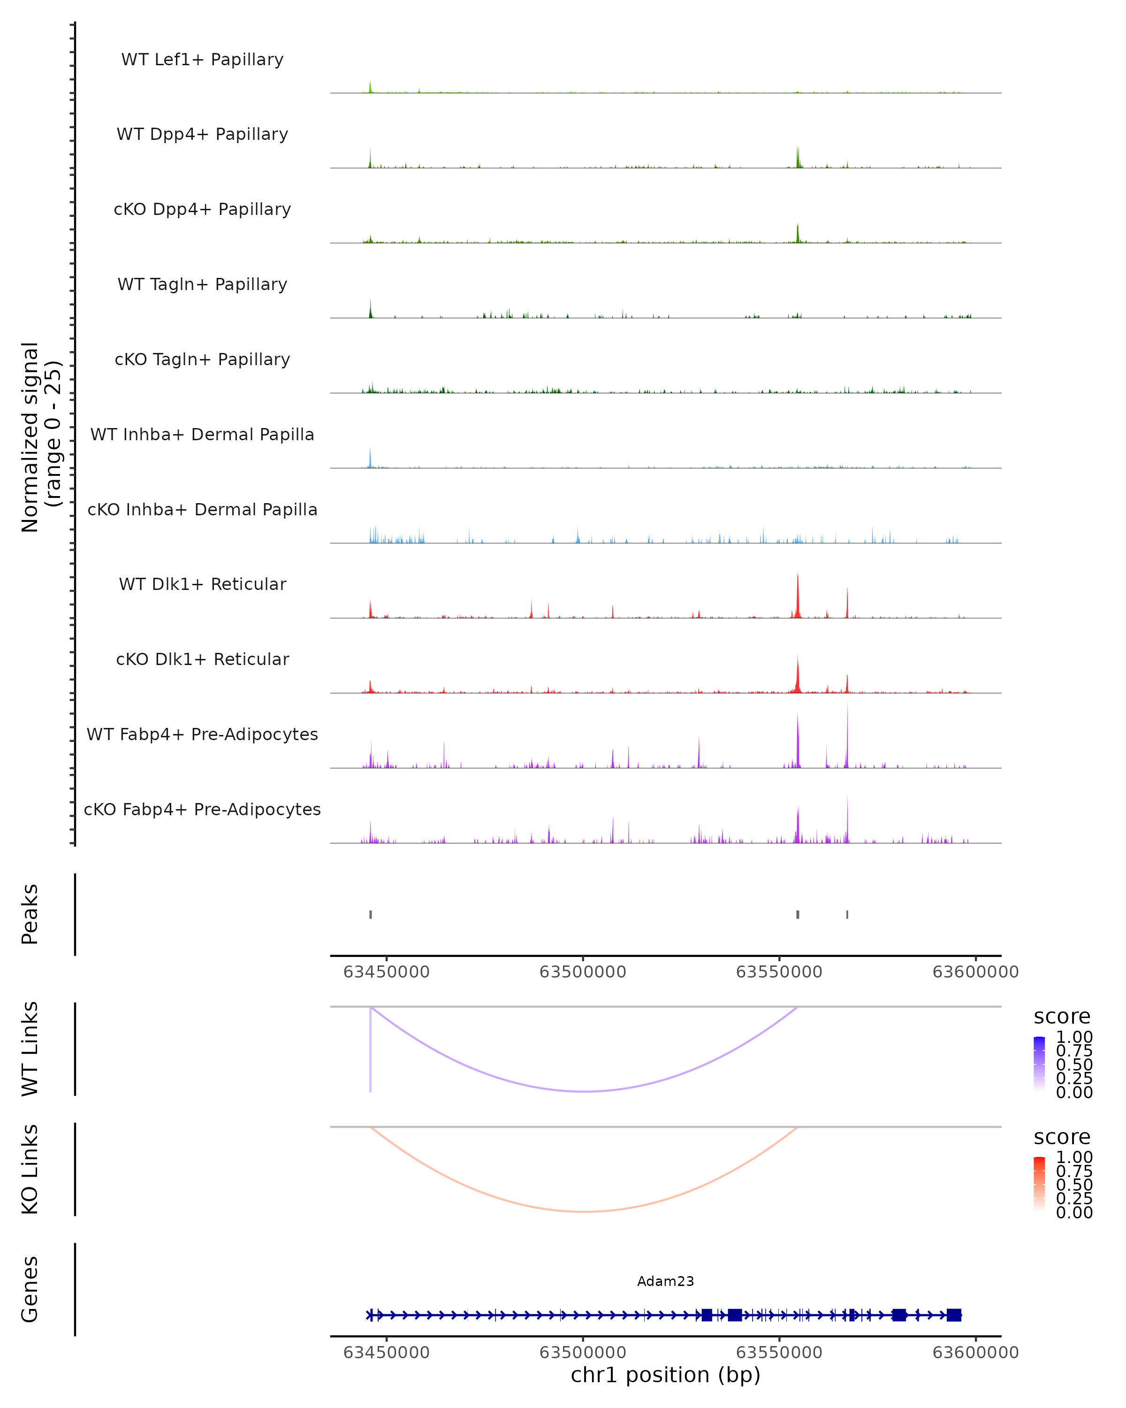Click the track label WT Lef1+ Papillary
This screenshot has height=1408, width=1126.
click(x=202, y=60)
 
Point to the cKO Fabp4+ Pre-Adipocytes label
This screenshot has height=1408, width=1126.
click(x=202, y=809)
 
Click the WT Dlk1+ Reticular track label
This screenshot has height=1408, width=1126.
click(x=202, y=584)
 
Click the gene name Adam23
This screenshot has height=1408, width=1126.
click(x=665, y=1281)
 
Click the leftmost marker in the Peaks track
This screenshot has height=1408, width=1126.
click(x=371, y=914)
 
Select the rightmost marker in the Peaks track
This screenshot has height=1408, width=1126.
click(x=847, y=914)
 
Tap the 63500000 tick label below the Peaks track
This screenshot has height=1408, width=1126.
click(x=582, y=972)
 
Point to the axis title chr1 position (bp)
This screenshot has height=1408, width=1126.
click(x=665, y=1375)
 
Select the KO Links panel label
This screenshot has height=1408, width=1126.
click(x=30, y=1169)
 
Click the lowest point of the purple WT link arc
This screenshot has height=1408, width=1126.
click(x=586, y=1091)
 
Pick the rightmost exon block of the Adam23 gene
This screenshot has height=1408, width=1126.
click(x=954, y=1315)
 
